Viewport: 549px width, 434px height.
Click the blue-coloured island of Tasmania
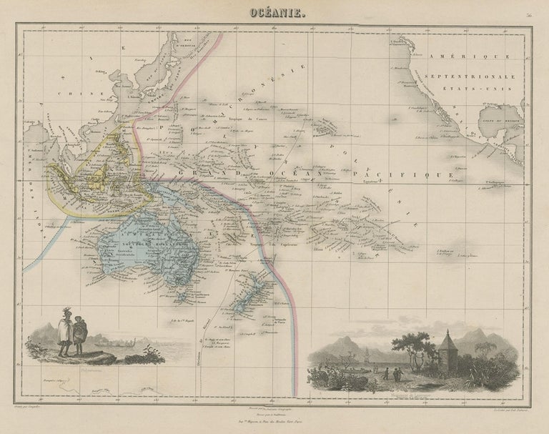184,295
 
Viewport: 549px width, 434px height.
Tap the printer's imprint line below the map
274,423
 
